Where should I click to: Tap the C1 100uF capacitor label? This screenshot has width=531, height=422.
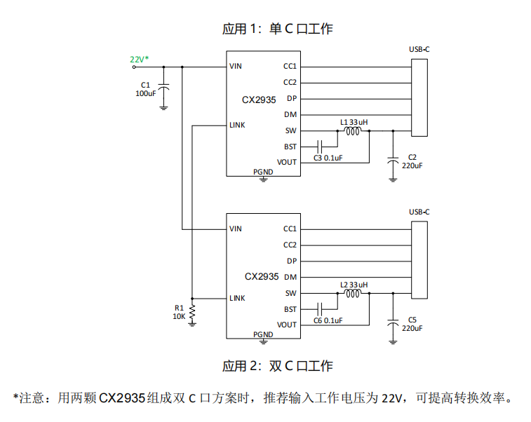click(145, 89)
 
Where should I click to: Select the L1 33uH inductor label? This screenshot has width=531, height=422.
click(354, 122)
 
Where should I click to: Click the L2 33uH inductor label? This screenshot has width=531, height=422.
click(354, 285)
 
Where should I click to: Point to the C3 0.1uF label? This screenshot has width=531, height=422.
click(328, 158)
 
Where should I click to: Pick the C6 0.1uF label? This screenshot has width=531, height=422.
click(328, 320)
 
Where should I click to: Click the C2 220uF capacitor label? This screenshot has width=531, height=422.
click(412, 162)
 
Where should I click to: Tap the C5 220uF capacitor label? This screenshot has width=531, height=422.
click(412, 324)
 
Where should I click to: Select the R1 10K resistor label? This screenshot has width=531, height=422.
click(179, 312)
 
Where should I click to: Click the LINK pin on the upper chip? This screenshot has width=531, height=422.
click(237, 125)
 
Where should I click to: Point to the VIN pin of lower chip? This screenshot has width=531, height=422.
click(236, 229)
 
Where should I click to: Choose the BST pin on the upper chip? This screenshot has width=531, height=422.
click(290, 147)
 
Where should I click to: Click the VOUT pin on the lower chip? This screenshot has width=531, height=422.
click(287, 325)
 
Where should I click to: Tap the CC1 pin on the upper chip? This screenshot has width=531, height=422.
click(290, 67)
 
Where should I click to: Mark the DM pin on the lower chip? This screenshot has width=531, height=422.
click(290, 278)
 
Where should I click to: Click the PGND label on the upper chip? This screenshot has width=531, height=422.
click(263, 172)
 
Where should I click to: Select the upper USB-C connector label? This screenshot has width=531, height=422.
click(419, 50)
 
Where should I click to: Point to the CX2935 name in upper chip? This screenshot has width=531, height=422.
click(259, 100)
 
